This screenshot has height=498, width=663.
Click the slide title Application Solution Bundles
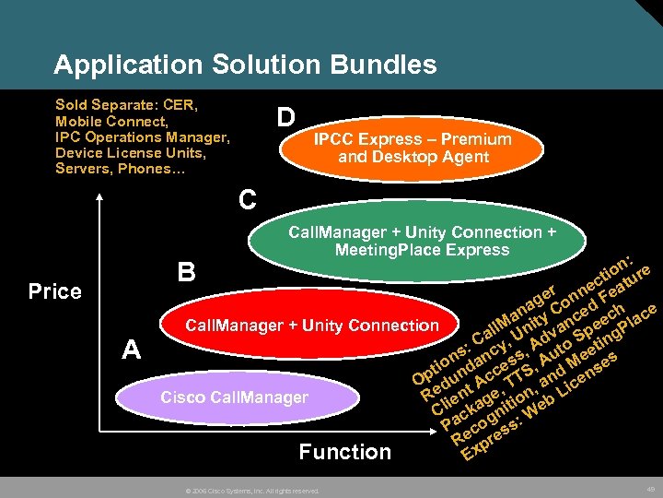click(x=245, y=65)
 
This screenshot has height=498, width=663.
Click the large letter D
click(x=286, y=118)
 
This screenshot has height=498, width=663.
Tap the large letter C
click(x=247, y=198)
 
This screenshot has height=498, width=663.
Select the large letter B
click(x=186, y=272)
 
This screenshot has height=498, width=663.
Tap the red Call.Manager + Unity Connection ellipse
click(x=311, y=325)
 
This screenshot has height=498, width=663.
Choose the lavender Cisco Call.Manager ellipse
click(x=235, y=397)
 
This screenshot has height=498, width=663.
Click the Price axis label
click(x=55, y=291)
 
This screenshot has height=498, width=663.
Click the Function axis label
click(x=345, y=452)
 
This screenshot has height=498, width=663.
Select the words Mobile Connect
click(x=111, y=122)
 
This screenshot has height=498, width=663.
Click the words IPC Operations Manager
click(x=142, y=137)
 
